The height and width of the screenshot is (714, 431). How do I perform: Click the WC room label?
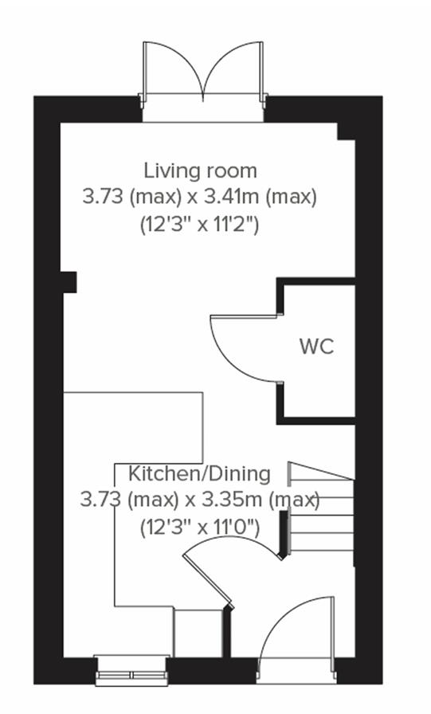click(x=316, y=347)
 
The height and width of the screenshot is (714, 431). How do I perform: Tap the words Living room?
click(x=200, y=170)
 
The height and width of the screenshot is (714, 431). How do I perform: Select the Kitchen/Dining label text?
click(x=199, y=473)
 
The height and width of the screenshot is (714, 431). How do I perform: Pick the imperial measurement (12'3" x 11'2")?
click(x=200, y=224)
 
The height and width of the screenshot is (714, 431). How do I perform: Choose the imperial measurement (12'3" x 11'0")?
click(x=200, y=527)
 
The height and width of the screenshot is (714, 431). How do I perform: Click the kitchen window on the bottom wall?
click(x=132, y=669)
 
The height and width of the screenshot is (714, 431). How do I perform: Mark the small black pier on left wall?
click(x=69, y=281)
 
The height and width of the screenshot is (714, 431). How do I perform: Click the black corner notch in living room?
click(x=346, y=131)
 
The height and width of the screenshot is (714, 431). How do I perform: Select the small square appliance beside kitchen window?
click(x=198, y=634)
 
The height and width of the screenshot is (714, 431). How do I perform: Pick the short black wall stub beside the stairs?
click(x=282, y=534)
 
